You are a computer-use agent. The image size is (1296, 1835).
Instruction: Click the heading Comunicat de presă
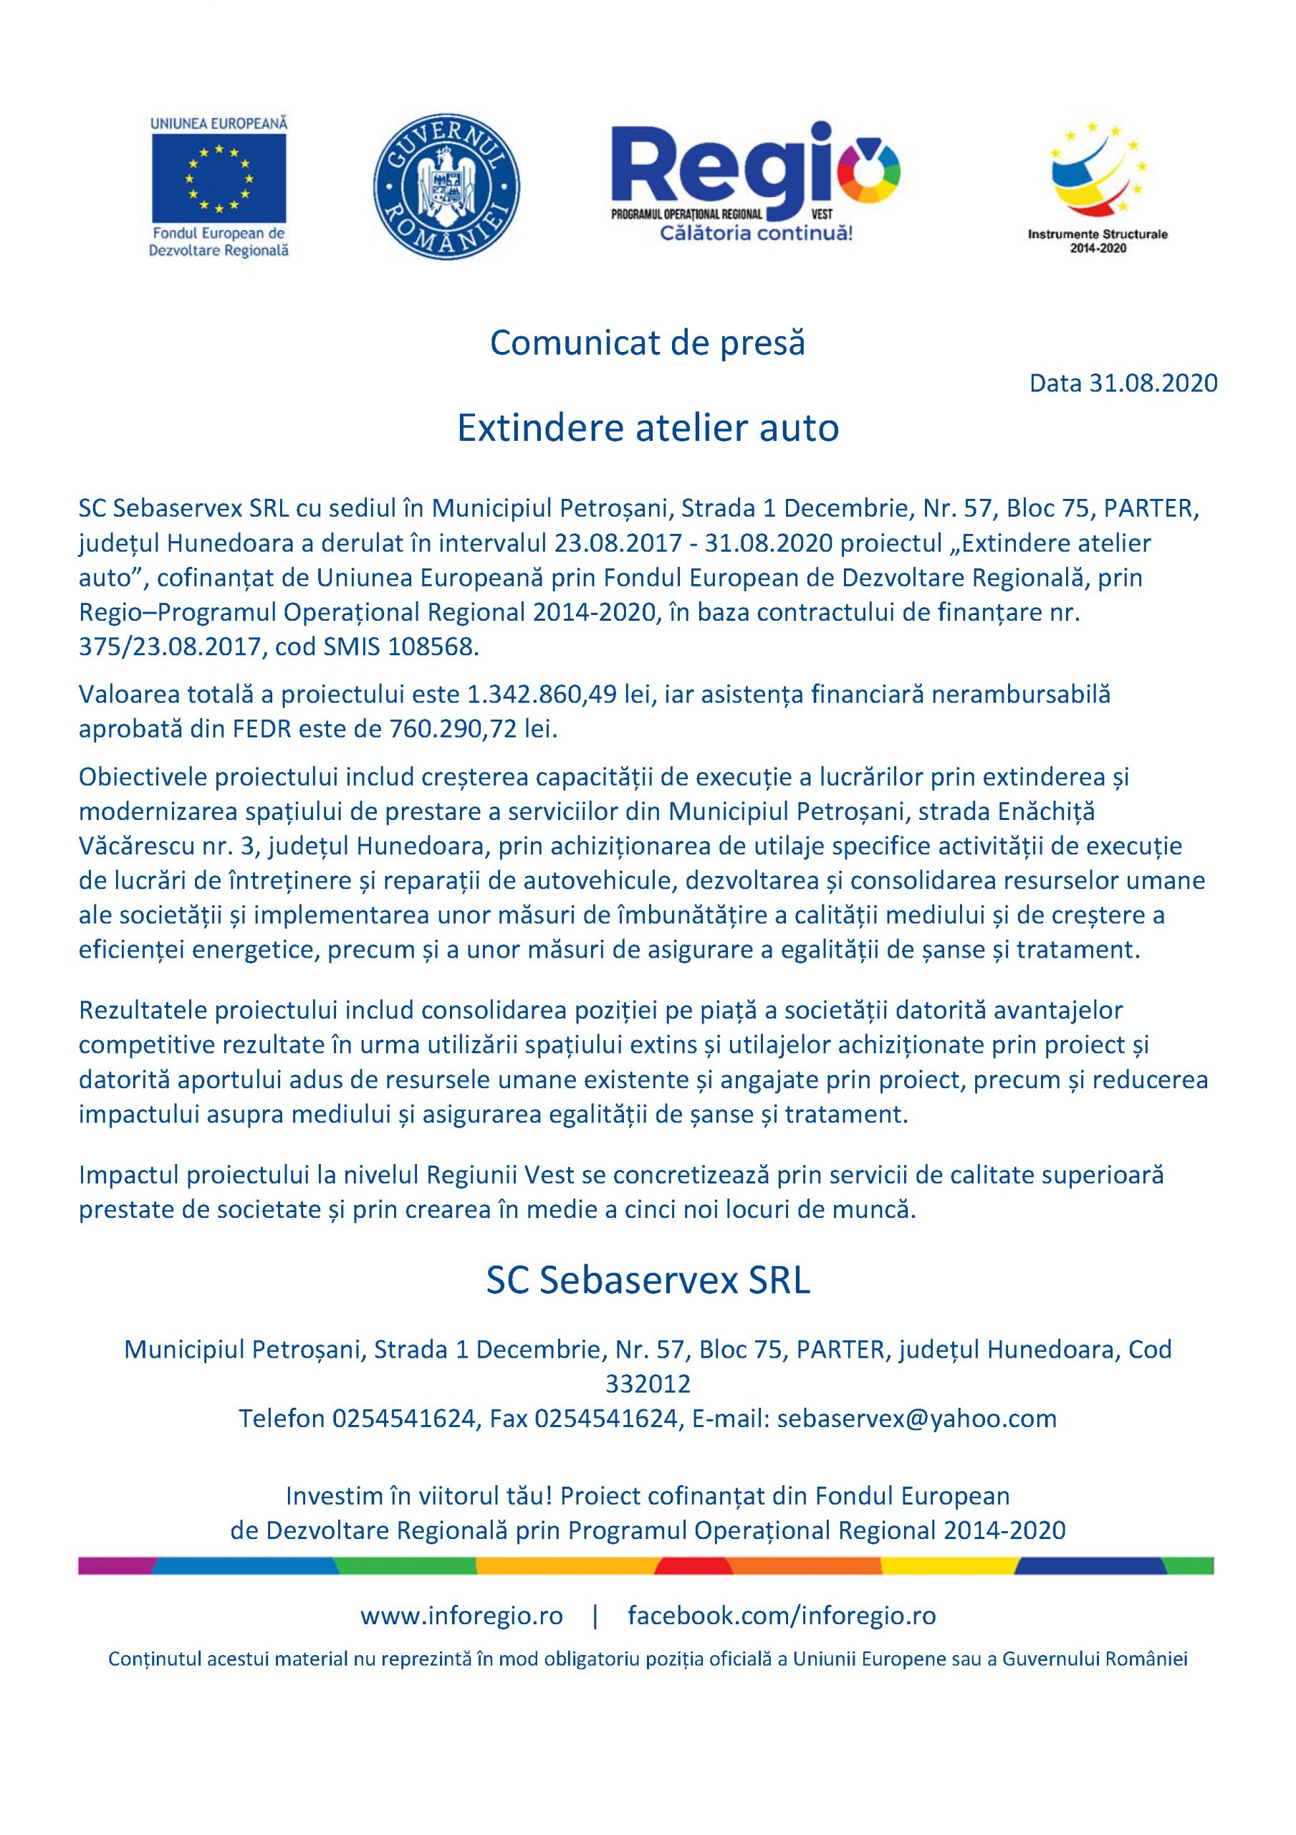[x=647, y=343]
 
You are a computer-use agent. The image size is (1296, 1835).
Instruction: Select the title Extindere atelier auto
[x=647, y=429]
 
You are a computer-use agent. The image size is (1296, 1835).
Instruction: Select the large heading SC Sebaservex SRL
[x=648, y=1280]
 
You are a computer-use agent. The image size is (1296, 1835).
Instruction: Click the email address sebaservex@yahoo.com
[x=916, y=1419]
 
